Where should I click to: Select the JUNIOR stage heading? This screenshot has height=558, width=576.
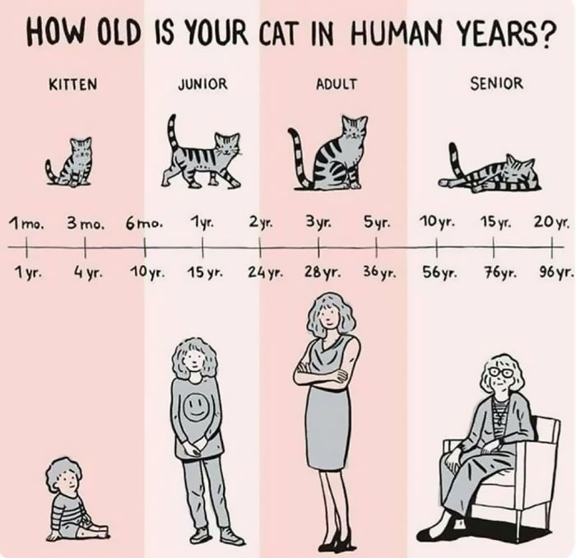[x=202, y=84]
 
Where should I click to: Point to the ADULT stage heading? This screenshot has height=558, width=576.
[x=336, y=84]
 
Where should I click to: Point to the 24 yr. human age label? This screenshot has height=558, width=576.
[x=264, y=272]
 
